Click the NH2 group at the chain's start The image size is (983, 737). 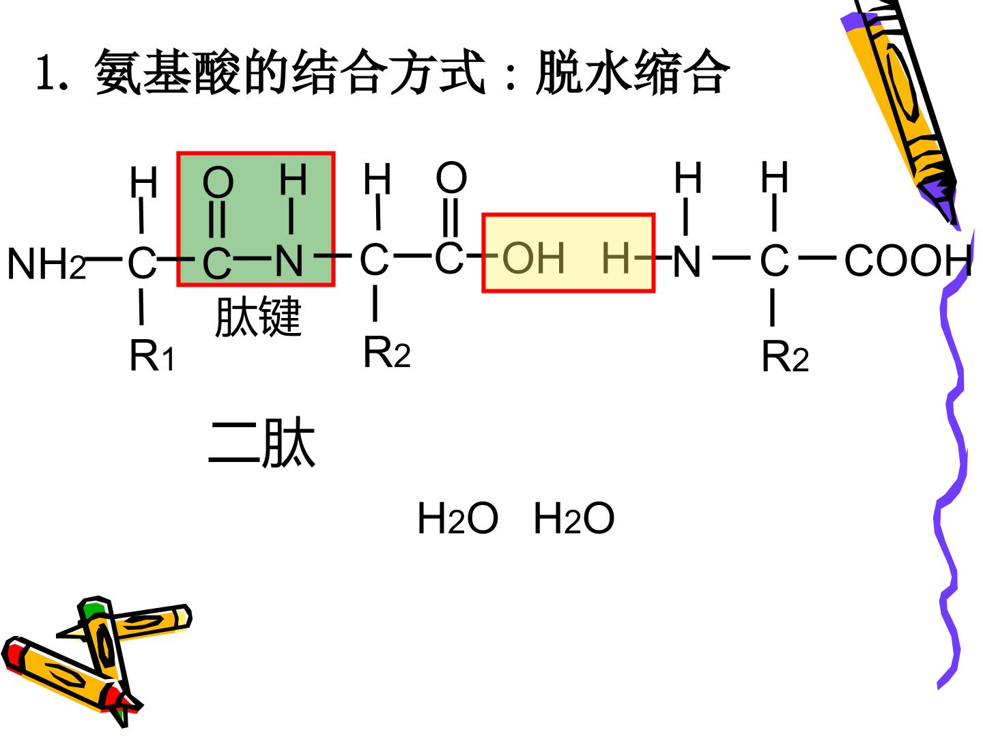click(x=46, y=263)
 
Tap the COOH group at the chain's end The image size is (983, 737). click(x=908, y=260)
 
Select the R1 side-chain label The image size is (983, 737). click(x=152, y=356)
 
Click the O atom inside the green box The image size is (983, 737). click(x=218, y=182)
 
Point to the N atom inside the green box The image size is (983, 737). click(x=289, y=261)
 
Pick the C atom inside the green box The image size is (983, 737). click(x=217, y=263)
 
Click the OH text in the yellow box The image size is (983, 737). click(x=533, y=258)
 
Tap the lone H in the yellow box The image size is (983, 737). click(x=616, y=258)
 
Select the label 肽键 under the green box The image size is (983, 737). click(x=259, y=317)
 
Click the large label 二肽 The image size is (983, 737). click(x=262, y=442)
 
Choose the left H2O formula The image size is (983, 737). click(x=457, y=518)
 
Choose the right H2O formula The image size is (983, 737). click(x=574, y=518)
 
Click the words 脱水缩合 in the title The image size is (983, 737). click(x=633, y=72)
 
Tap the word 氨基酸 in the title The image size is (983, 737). click(x=167, y=72)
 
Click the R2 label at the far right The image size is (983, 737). click(x=785, y=356)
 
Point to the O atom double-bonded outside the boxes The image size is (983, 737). click(x=451, y=177)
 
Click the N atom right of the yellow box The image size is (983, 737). click(x=687, y=261)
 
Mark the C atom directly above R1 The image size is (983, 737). click(x=143, y=263)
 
